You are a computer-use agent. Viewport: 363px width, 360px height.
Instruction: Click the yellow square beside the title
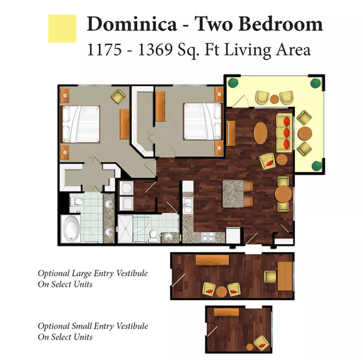click(62, 29)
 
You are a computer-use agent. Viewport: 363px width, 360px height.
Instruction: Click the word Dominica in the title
click(132, 24)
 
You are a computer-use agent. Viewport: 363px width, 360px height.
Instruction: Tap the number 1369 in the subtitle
click(155, 49)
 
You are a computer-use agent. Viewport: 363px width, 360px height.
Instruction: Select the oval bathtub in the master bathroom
click(71, 229)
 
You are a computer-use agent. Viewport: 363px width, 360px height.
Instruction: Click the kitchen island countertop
click(233, 193)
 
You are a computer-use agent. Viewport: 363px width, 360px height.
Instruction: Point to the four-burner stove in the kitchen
click(208, 237)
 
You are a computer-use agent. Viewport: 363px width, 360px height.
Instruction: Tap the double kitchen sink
click(188, 205)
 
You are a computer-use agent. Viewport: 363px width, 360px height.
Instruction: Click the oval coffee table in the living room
click(260, 133)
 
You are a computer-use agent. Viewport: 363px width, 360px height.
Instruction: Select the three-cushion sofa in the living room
click(284, 133)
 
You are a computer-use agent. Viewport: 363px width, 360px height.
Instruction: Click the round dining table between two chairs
click(283, 194)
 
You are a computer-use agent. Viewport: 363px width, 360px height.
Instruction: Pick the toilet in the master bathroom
click(76, 202)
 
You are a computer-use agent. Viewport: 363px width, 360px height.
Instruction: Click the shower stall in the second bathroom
click(125, 229)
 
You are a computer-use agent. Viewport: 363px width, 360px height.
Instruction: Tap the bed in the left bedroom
click(80, 124)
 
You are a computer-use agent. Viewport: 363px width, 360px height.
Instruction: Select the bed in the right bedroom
click(203, 121)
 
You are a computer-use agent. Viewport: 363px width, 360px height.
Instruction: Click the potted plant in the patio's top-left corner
click(233, 83)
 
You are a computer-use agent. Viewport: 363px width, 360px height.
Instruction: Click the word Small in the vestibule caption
click(81, 326)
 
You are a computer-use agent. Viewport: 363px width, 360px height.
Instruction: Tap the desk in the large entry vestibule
click(285, 276)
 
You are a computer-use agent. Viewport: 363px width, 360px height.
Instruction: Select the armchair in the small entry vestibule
click(262, 342)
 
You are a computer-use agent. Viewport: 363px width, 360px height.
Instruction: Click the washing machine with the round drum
click(126, 188)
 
